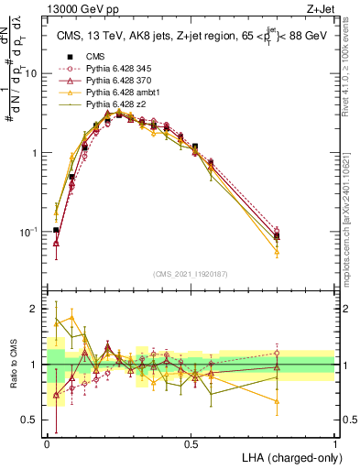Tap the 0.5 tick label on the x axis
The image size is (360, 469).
click(191, 443)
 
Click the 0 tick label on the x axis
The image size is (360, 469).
click(47, 443)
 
